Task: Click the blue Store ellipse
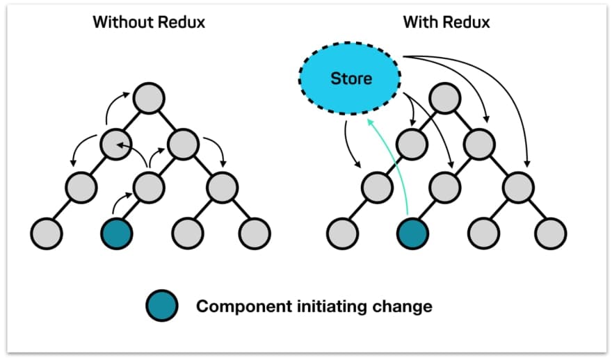pyautogui.click(x=351, y=78)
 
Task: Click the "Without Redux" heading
pyautogui.click(x=150, y=22)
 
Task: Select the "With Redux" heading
pyautogui.click(x=446, y=22)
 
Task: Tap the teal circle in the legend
pyautogui.click(x=162, y=306)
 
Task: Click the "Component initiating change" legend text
pyautogui.click(x=314, y=306)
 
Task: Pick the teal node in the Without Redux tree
pyautogui.click(x=116, y=233)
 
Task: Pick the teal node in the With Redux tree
pyautogui.click(x=412, y=233)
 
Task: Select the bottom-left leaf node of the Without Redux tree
pyautogui.click(x=47, y=233)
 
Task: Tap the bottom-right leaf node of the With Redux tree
pyautogui.click(x=551, y=233)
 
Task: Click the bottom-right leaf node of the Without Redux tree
pyautogui.click(x=255, y=233)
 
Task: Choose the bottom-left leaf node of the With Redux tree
pyautogui.click(x=342, y=233)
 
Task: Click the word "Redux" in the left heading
pyautogui.click(x=182, y=22)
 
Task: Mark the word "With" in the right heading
pyautogui.click(x=420, y=22)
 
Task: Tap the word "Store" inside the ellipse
pyautogui.click(x=351, y=78)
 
